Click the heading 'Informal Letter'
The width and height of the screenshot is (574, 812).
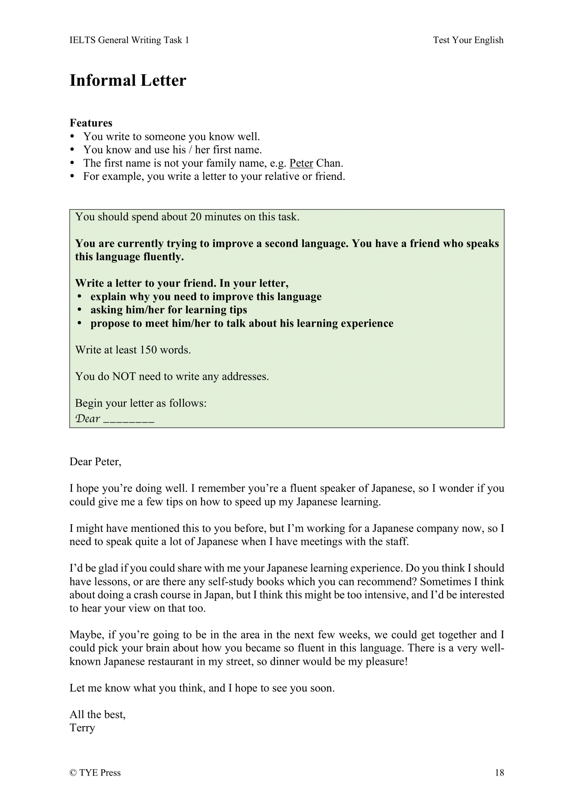coord(128,81)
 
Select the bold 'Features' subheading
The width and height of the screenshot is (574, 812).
coord(91,123)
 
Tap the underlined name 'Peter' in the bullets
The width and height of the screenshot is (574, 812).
coord(301,163)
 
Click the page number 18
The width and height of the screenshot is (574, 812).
coord(499,773)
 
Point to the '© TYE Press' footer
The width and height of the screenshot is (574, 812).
coord(95,773)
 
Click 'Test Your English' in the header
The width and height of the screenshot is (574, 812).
coord(468,40)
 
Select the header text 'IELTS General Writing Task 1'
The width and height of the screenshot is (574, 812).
coord(129,40)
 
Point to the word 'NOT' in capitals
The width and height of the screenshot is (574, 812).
coord(124,377)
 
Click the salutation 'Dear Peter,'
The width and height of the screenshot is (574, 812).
coord(95,462)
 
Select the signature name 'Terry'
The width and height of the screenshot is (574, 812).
coord(82,727)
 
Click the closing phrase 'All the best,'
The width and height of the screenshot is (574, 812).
coord(98,714)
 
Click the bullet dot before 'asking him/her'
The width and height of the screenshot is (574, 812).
coord(80,310)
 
